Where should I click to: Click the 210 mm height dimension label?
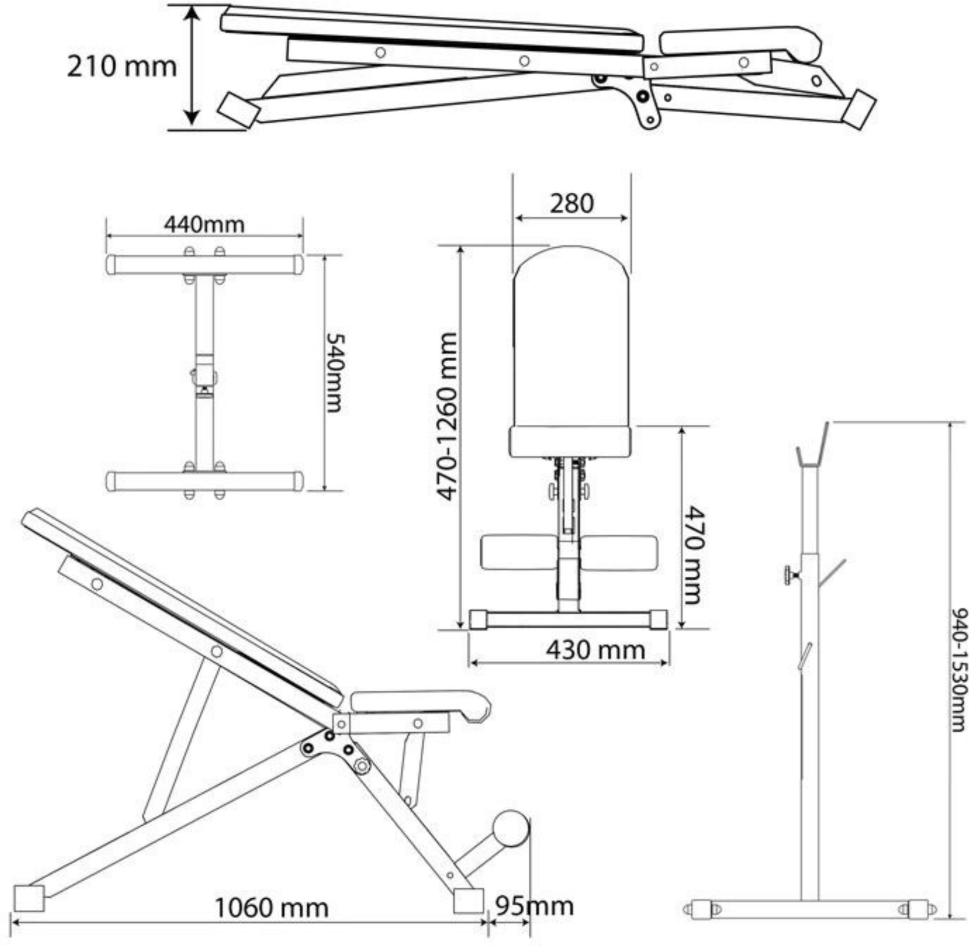click(x=122, y=67)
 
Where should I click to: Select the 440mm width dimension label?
click(x=204, y=225)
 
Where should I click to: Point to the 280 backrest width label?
click(x=571, y=203)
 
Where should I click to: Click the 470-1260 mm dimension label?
click(x=446, y=416)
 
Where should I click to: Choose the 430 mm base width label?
click(x=595, y=649)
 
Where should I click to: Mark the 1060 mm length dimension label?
click(x=271, y=908)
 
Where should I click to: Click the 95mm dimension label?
click(x=535, y=906)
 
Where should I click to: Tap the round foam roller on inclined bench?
click(x=510, y=829)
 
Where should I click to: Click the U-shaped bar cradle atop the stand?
click(x=812, y=445)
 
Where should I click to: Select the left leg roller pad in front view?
click(x=518, y=552)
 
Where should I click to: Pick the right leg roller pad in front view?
click(x=619, y=552)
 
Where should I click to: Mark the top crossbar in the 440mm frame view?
click(x=204, y=265)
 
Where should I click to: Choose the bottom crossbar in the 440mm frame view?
click(x=204, y=481)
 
